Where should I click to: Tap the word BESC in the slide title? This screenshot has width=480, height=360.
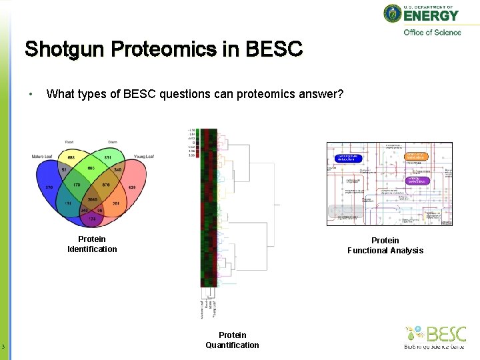click(x=274, y=49)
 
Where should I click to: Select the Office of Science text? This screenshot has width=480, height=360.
click(x=432, y=33)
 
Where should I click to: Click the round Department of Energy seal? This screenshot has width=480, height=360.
click(x=393, y=13)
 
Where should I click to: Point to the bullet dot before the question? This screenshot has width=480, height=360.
click(x=31, y=94)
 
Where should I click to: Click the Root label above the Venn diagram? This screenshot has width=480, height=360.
click(x=69, y=142)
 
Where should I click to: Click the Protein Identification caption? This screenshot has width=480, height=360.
click(x=92, y=244)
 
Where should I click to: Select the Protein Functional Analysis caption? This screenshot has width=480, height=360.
click(x=385, y=245)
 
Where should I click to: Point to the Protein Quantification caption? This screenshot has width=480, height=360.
click(x=232, y=340)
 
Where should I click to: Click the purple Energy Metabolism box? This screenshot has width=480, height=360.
click(x=418, y=180)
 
